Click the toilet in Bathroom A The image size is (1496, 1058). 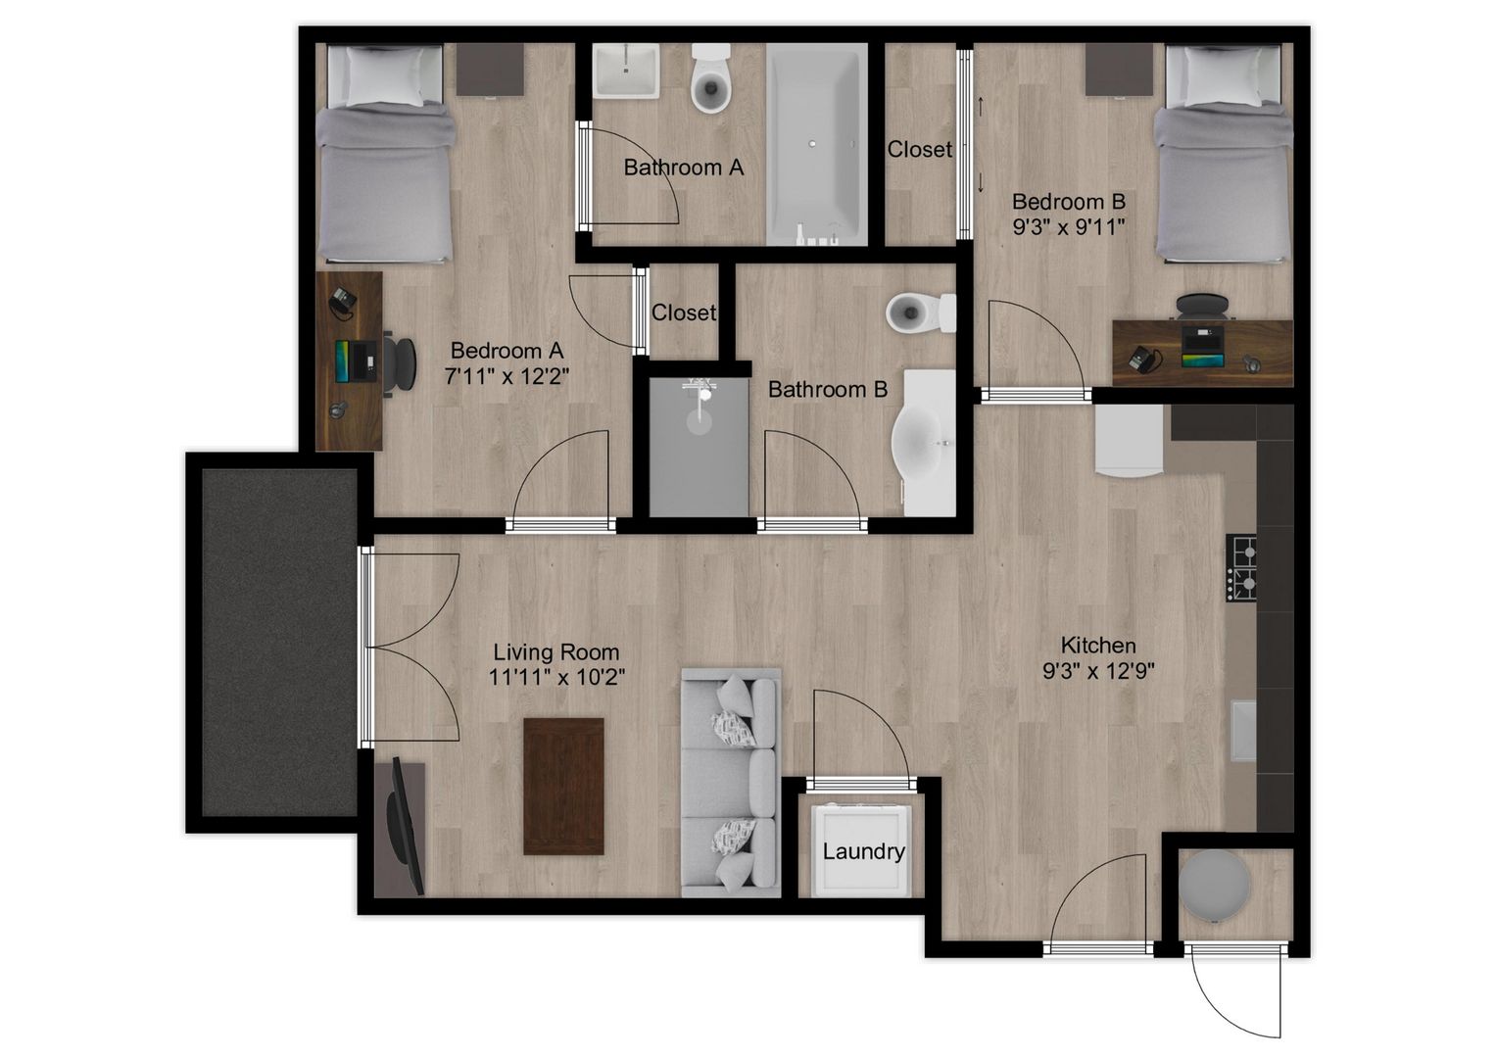[711, 78]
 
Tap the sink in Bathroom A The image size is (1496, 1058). [626, 71]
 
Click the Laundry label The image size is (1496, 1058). [863, 851]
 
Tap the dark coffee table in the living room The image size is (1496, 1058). [563, 786]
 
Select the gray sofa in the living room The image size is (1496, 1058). [731, 783]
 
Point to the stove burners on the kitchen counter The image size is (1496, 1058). [1241, 568]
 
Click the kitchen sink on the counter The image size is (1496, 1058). [1243, 731]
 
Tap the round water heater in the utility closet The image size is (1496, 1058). [1213, 886]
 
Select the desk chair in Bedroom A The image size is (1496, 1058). [400, 364]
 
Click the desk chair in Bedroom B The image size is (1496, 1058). [1202, 307]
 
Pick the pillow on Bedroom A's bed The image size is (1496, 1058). [385, 76]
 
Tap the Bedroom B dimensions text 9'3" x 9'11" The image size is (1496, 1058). [1069, 227]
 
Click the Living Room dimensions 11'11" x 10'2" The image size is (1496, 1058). [557, 677]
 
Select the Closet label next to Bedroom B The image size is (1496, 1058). [920, 149]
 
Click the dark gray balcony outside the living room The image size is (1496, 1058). [279, 642]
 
